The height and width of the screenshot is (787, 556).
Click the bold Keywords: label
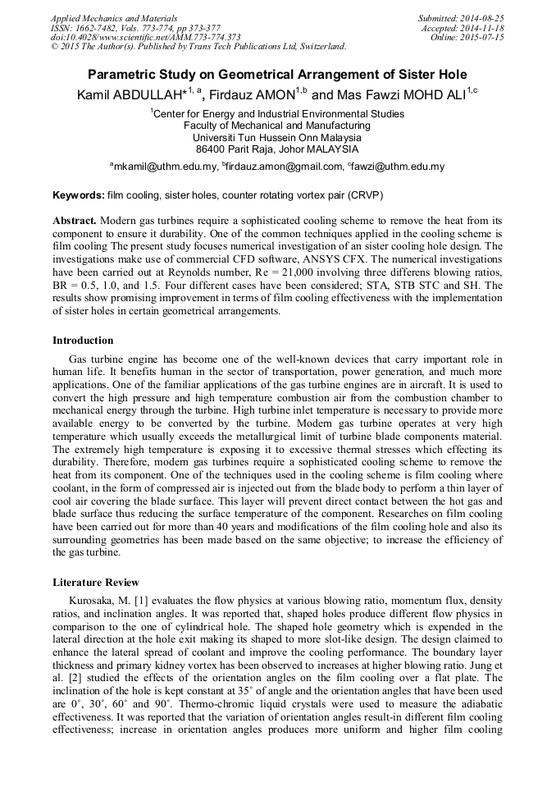pyautogui.click(x=78, y=195)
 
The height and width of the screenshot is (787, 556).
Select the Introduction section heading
pyautogui.click(x=83, y=340)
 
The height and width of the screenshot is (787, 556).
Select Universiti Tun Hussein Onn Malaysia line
pyautogui.click(x=277, y=138)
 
